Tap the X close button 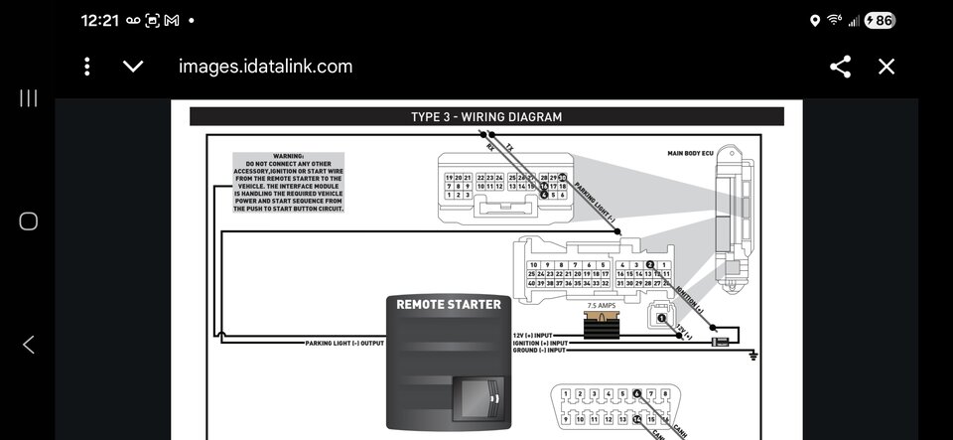(x=886, y=67)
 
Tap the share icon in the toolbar (x=840, y=67)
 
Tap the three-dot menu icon (x=87, y=67)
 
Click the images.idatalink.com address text (x=265, y=67)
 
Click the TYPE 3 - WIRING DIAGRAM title (x=486, y=117)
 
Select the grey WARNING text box (x=288, y=183)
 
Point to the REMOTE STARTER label (x=450, y=304)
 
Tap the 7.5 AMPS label (x=602, y=307)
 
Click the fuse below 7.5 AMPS (x=602, y=325)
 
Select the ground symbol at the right (x=753, y=354)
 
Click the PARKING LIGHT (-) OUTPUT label (x=343, y=344)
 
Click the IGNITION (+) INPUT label (x=539, y=344)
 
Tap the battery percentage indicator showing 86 (x=881, y=20)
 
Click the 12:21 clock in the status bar (x=99, y=20)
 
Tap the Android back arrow (x=29, y=345)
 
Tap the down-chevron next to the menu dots (x=132, y=67)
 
